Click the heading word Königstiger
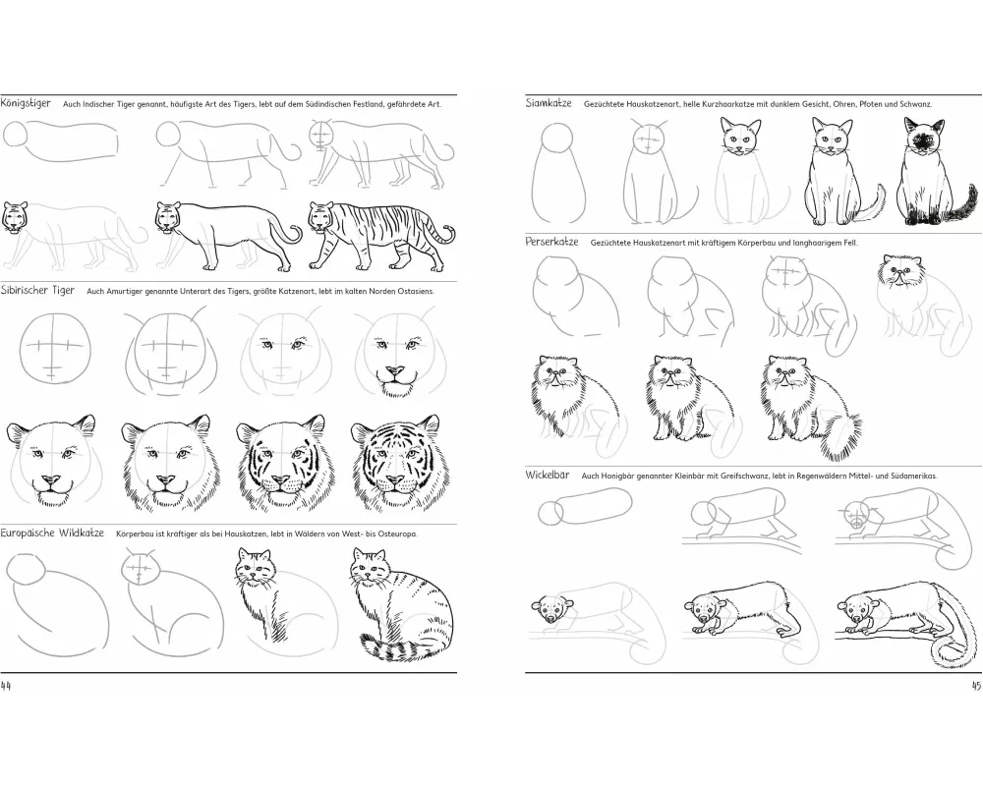26,103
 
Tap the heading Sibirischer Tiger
37,290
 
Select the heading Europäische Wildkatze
52,533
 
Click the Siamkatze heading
549,103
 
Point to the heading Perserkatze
551,242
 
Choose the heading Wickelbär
548,476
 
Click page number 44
6,685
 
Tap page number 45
975,685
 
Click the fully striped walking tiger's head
321,217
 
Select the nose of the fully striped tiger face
394,480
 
